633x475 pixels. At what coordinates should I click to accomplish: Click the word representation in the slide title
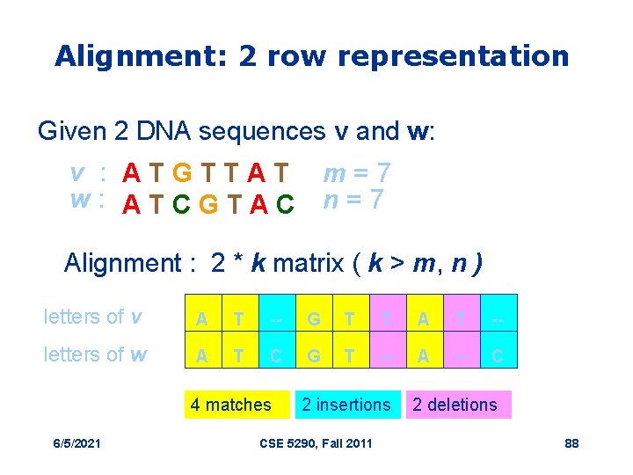[x=453, y=56]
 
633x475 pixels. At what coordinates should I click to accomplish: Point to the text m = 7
[x=358, y=172]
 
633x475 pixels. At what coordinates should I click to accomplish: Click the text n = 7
[x=353, y=201]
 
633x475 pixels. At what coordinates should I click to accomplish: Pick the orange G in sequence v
[x=186, y=173]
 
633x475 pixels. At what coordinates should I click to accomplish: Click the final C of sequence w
[x=284, y=205]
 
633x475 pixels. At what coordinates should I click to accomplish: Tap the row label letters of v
[x=93, y=317]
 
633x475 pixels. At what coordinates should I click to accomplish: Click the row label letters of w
[x=96, y=354]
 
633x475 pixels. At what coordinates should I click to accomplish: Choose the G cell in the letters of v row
[x=314, y=318]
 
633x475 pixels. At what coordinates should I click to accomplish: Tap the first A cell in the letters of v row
[x=201, y=318]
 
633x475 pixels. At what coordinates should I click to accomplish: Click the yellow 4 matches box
[x=231, y=405]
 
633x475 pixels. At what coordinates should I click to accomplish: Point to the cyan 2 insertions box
[x=346, y=405]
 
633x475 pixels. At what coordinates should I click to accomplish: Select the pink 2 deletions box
[x=455, y=405]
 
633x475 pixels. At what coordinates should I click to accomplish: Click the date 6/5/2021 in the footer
[x=76, y=442]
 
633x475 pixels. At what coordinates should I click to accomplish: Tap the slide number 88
[x=571, y=442]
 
